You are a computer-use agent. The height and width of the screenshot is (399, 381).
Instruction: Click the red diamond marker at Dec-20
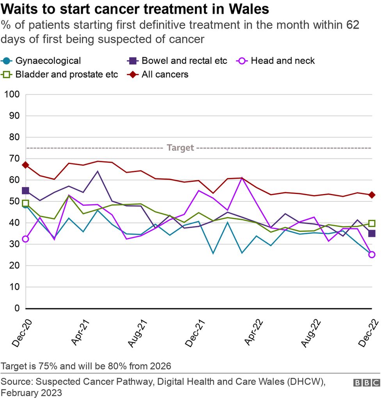pyautogui.click(x=25, y=165)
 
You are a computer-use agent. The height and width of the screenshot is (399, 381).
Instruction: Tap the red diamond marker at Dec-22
pyautogui.click(x=372, y=195)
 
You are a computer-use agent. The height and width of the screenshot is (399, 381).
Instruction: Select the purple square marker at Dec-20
pyautogui.click(x=25, y=191)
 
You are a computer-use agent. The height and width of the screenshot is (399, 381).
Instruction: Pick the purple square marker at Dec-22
pyautogui.click(x=372, y=234)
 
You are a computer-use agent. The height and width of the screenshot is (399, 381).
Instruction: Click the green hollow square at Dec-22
pyautogui.click(x=372, y=223)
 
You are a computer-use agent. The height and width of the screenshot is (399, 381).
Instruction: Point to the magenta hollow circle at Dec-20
pyautogui.click(x=25, y=239)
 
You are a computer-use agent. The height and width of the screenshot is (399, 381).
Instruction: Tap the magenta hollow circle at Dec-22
pyautogui.click(x=372, y=255)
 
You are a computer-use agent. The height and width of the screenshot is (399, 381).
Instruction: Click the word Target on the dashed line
pyautogui.click(x=180, y=148)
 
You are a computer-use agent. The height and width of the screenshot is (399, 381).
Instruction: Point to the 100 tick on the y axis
pyautogui.click(x=11, y=95)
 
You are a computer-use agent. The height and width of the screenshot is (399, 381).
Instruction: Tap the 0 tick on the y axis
pyautogui.click(x=16, y=309)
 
